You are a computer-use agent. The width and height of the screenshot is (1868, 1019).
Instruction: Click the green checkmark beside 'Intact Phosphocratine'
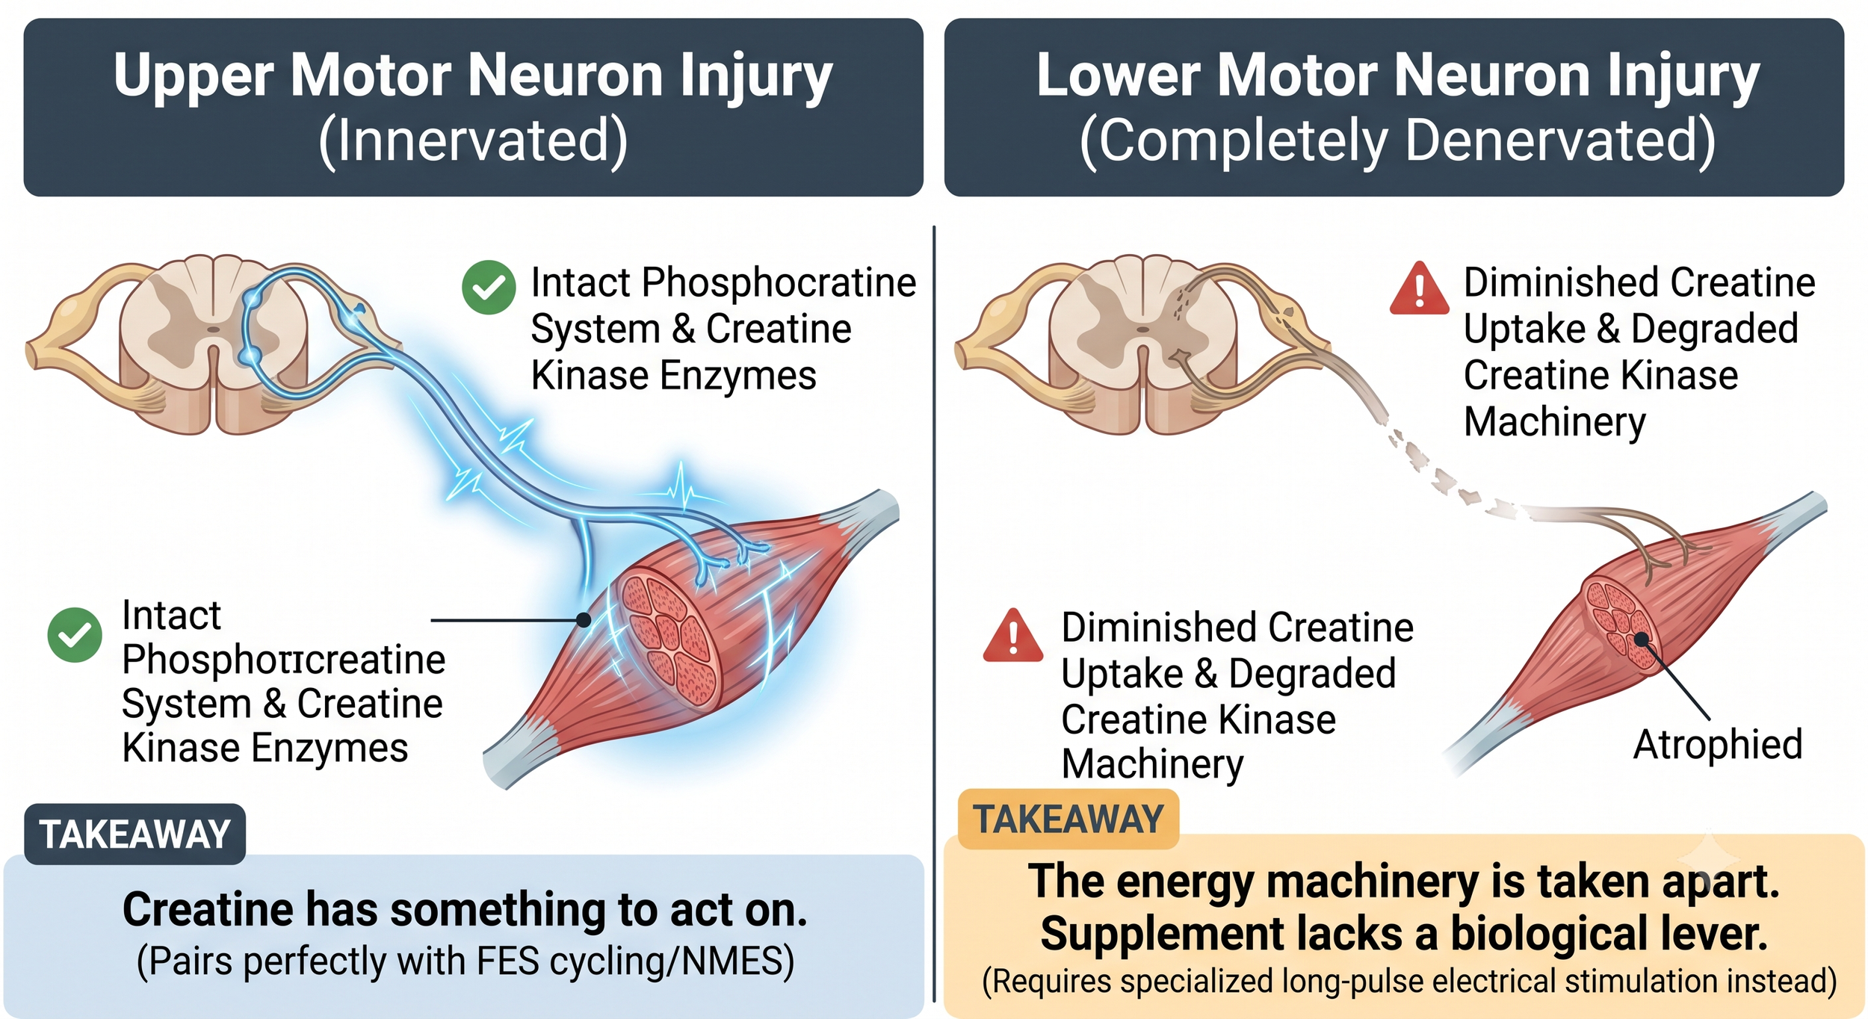point(489,287)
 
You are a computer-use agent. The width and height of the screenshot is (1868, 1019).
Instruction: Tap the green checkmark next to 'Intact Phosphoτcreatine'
point(75,635)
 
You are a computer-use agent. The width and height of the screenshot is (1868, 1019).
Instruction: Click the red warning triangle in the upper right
point(1419,288)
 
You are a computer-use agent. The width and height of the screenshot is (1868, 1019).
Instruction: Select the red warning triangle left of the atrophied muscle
point(1013,636)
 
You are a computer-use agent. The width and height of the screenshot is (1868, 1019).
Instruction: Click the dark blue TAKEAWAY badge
point(134,834)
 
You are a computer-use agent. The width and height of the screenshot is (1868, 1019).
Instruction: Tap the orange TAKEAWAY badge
point(1068,819)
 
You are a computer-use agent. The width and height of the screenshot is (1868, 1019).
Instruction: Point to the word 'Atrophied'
point(1717,745)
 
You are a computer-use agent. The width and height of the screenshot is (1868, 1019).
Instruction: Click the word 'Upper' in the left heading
point(194,78)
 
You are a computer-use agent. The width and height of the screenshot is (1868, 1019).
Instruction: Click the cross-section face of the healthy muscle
point(669,638)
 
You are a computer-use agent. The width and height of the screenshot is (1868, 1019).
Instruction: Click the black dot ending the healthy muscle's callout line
point(584,620)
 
